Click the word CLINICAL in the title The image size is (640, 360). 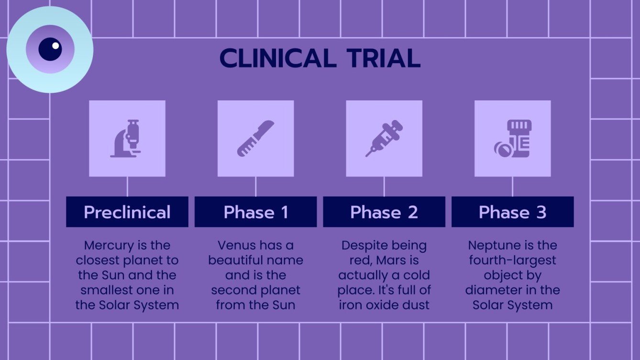[276, 58]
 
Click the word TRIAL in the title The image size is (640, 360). [384, 58]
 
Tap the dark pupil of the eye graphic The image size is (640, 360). [50, 49]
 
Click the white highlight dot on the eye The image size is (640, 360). [55, 46]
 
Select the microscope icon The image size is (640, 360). [126, 139]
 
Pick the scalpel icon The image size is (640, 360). [256, 139]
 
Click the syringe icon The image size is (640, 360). [384, 139]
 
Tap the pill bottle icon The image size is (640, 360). [513, 139]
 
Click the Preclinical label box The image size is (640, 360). [127, 212]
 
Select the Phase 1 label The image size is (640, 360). [256, 212]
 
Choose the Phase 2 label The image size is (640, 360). [384, 212]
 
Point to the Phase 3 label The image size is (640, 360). [513, 212]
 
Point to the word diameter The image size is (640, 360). [494, 290]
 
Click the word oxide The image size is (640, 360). [383, 305]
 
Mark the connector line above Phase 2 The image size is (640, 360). [384, 186]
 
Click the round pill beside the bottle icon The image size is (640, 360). [503, 149]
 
